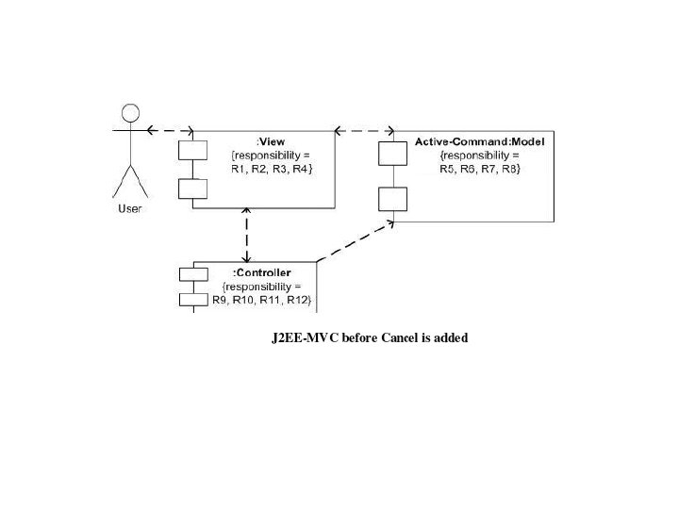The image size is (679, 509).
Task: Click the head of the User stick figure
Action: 130,110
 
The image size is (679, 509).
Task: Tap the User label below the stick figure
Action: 129,208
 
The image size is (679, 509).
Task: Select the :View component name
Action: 272,141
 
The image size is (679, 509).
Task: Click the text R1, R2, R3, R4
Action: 272,168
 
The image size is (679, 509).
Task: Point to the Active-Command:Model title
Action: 480,141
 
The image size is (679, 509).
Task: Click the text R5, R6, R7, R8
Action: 480,168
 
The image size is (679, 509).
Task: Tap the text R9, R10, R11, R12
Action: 261,299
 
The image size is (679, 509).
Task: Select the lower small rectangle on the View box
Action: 192,188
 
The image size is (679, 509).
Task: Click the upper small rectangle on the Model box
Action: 392,152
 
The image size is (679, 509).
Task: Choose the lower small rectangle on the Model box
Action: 392,199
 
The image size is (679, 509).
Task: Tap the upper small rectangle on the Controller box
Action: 192,274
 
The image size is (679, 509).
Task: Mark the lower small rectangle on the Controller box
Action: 192,300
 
